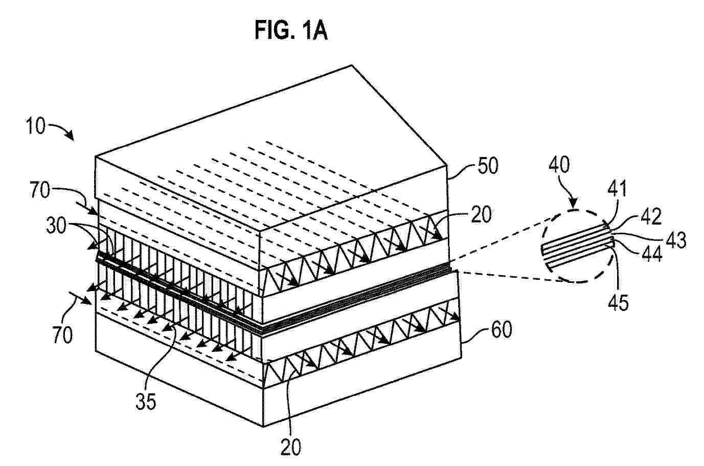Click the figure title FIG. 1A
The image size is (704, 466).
coord(291,30)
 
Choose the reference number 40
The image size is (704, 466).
coord(559,166)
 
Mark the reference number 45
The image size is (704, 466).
coord(618,302)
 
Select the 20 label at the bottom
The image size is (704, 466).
coord(290,447)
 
